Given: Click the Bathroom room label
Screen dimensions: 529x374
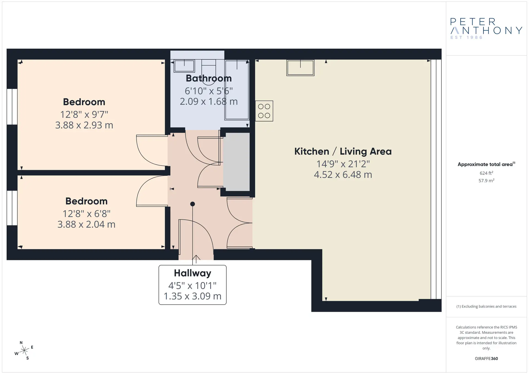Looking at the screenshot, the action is tap(209, 78).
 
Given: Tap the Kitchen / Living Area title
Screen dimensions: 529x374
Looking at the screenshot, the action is tap(343, 151).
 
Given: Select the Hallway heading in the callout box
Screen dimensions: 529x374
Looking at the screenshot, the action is tap(193, 273).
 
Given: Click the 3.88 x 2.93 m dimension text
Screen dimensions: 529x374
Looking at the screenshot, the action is tap(84, 125).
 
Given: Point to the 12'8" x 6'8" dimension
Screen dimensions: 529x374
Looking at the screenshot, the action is tap(87, 213).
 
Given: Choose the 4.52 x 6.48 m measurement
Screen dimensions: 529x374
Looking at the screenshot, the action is tap(343, 175).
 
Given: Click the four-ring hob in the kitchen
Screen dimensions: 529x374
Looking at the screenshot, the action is tap(264, 111).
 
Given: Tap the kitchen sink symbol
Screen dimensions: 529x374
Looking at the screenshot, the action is tap(300, 68).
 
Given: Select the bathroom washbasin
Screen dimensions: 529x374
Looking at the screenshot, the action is tap(184, 66).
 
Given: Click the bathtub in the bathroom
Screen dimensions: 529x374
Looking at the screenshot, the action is tap(237, 90).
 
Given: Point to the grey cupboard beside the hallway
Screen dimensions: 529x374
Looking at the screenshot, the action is tap(236, 162).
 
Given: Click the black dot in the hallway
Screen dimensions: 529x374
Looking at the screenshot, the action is tap(193, 204).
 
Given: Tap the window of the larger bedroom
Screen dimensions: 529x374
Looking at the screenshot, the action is tap(12, 107).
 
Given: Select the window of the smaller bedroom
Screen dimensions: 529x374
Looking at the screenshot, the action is tap(12, 208).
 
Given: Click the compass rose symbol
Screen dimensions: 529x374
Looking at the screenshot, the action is tap(24, 351).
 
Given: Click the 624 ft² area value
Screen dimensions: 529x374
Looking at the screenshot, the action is tap(486, 173).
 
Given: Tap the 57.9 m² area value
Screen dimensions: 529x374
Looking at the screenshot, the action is tap(486, 181).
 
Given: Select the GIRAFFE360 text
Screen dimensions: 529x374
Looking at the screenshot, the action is tap(486, 359).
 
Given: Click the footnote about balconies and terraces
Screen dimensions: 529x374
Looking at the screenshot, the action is tap(486, 307).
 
